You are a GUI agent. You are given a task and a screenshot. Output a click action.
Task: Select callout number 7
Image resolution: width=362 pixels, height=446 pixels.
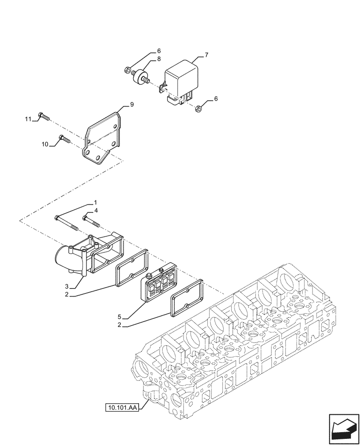206,55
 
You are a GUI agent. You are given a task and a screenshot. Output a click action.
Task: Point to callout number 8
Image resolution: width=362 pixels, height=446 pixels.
158,59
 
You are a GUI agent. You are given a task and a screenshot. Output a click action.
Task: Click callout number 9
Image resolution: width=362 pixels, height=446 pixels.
132,104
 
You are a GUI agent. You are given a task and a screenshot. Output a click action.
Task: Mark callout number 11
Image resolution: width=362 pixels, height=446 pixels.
28,119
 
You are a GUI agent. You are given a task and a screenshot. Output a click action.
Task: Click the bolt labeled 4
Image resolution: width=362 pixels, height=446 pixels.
91,220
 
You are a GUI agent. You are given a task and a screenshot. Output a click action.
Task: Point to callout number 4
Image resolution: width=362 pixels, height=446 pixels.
96,211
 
